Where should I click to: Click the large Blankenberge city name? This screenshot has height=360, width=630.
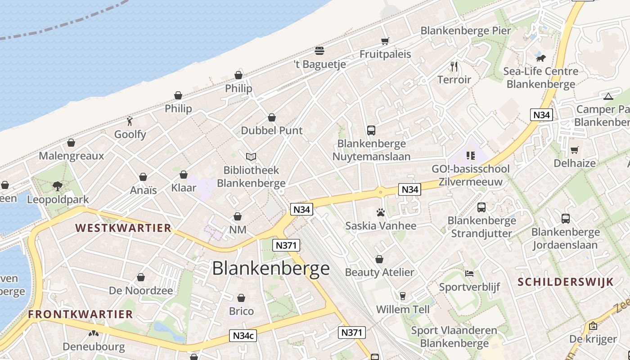pos(270,269)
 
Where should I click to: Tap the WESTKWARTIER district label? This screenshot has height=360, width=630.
pos(123,228)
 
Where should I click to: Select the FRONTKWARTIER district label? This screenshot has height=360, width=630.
pos(81,314)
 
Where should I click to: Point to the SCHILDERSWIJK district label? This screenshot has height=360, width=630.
pos(566,282)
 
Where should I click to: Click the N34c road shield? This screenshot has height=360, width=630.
pos(243,335)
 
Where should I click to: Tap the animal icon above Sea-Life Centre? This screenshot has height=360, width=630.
pos(540,58)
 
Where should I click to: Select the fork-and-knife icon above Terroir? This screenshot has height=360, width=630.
pos(454,67)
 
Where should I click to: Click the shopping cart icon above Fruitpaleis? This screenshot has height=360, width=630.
pos(385,41)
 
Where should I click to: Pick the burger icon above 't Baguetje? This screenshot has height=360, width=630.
pos(319,50)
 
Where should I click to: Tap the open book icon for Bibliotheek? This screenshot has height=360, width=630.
pos(251,157)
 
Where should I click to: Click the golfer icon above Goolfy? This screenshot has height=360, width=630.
pos(130,121)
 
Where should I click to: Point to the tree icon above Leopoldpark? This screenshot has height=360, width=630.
pos(58,186)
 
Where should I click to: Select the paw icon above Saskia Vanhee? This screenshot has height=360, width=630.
pos(381,212)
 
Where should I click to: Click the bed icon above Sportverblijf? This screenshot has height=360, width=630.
pos(469,274)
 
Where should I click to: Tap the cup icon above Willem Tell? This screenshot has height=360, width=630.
pos(403,296)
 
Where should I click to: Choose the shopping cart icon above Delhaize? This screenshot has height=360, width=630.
pos(575,150)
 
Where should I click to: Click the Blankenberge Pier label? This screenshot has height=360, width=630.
pos(466,31)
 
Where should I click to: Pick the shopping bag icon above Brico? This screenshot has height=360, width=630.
pos(241,298)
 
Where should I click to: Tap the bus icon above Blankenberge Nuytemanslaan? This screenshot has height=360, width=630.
pos(371,130)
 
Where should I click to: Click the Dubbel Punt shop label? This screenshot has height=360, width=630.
pos(272,130)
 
